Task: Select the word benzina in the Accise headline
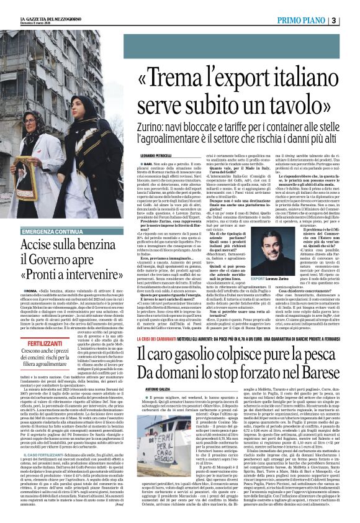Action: click(92, 245)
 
